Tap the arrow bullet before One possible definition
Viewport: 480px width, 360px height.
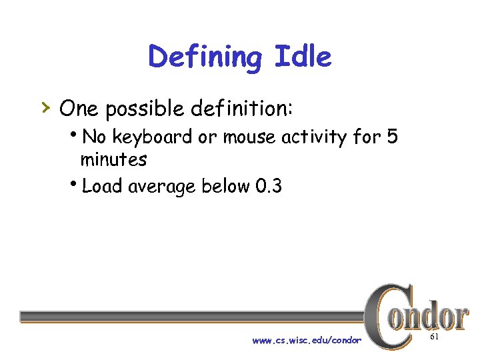pos(45,106)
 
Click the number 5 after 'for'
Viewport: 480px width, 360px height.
pos(391,137)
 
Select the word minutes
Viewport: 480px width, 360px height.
pos(113,160)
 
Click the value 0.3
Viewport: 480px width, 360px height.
pos(269,186)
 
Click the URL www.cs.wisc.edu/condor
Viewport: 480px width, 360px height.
pos(307,341)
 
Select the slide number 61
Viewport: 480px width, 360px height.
pos(434,338)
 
